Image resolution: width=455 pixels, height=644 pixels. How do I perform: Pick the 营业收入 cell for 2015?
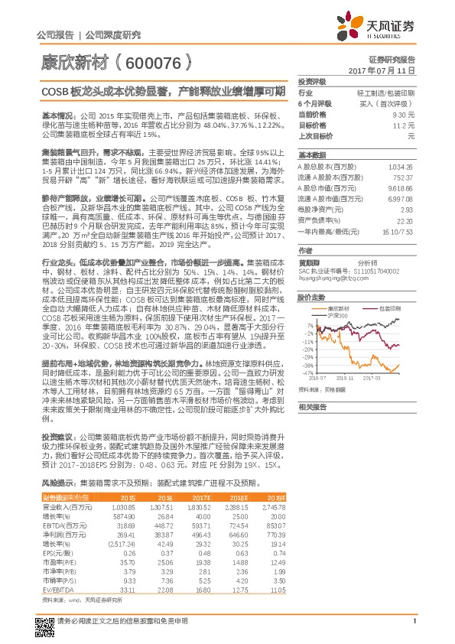point(124,507)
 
